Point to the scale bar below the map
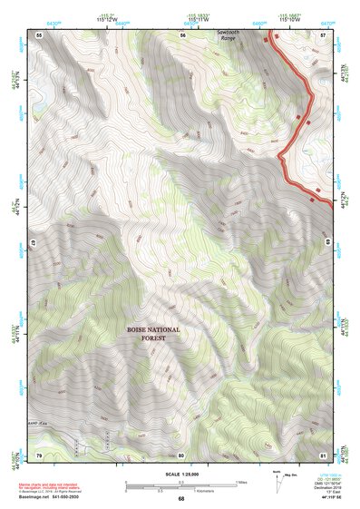(181, 485)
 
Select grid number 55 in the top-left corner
(39, 34)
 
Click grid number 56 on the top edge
(182, 34)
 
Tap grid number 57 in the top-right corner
(324, 34)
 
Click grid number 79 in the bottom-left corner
(39, 455)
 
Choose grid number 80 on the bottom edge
(181, 455)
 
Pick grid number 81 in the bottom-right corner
(324, 455)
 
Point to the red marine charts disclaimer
(54, 486)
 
